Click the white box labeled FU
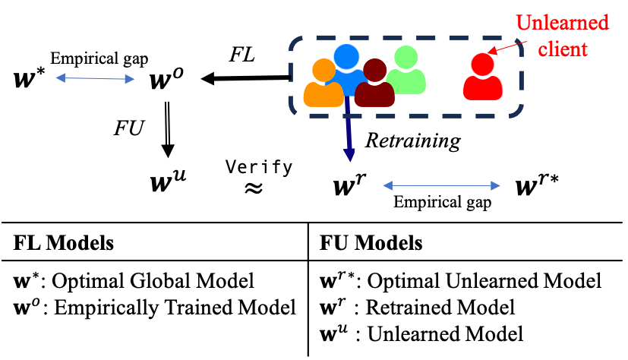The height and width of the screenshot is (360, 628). click(x=128, y=128)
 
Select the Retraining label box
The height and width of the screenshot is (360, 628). click(x=413, y=141)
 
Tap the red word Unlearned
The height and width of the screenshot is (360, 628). click(x=562, y=23)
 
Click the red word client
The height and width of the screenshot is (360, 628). click(x=563, y=49)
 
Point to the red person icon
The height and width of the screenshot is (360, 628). click(x=483, y=79)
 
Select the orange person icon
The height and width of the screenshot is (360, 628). click(x=323, y=85)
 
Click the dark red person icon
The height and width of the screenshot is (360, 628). click(x=374, y=86)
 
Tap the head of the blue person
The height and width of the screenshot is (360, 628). click(x=346, y=56)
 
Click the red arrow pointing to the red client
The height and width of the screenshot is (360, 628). click(x=505, y=48)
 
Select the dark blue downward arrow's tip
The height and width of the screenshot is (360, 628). click(x=349, y=157)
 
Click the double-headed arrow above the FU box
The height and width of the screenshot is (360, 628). click(x=95, y=78)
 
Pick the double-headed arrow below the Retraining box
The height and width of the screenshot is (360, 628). click(x=441, y=185)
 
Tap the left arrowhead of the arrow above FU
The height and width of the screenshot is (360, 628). click(x=60, y=77)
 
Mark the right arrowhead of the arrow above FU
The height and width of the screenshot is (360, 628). click(x=131, y=79)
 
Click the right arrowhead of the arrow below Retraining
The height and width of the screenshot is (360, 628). click(x=496, y=186)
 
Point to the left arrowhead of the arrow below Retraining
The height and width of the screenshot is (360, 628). click(x=387, y=185)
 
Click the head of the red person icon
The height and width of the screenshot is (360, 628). click(x=482, y=64)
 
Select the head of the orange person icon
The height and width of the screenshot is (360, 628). click(x=323, y=70)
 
